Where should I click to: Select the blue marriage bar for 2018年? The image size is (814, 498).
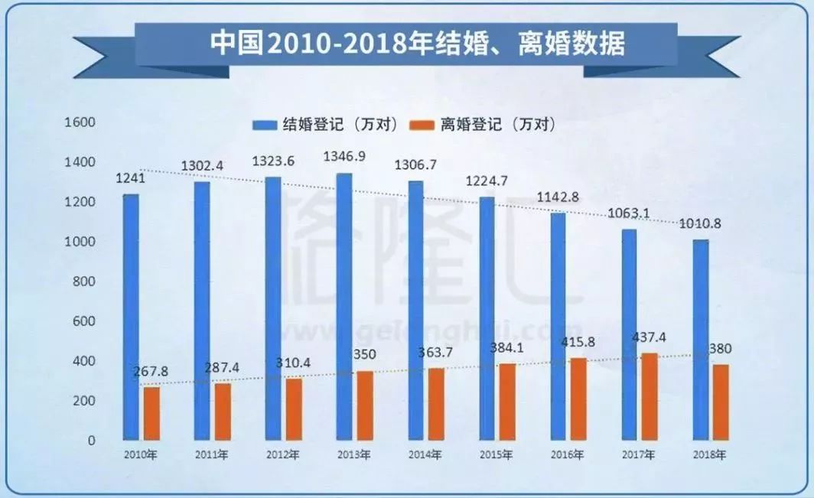click(700, 340)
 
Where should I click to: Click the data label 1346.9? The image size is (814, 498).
click(344, 158)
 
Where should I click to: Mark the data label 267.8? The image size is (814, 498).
click(151, 371)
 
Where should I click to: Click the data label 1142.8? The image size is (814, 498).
click(558, 197)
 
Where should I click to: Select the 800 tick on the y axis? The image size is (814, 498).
click(83, 282)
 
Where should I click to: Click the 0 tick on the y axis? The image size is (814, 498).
click(90, 441)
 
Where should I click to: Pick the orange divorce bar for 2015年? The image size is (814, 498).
click(507, 402)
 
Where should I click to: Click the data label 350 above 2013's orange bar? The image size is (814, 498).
click(354, 356)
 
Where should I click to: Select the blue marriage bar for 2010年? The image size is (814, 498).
click(132, 317)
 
